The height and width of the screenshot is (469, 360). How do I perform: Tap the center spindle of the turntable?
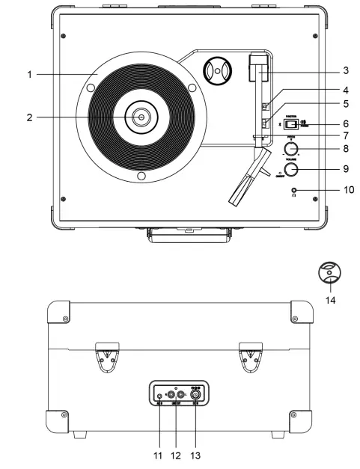[140, 117]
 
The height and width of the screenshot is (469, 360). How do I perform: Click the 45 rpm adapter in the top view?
[218, 73]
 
